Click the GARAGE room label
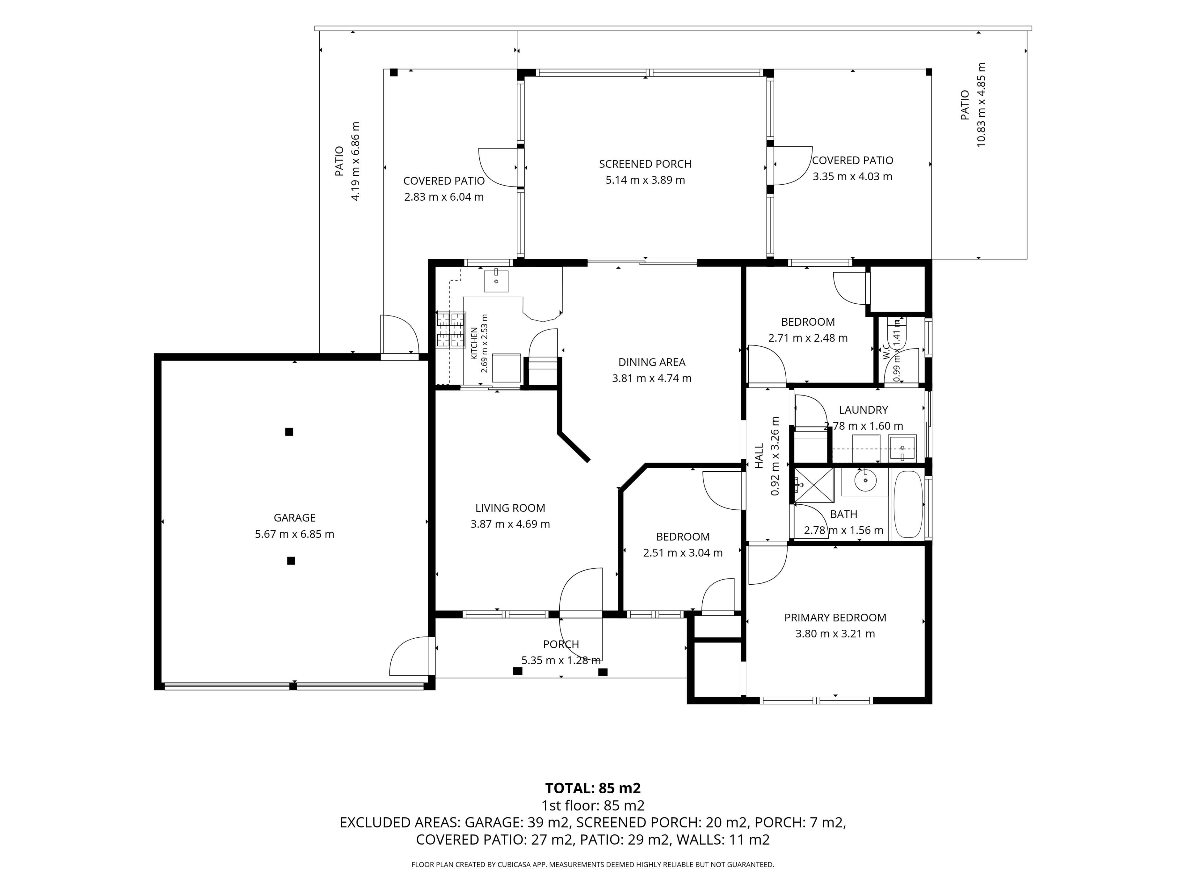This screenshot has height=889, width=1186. [x=294, y=518]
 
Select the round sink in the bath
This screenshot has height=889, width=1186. [x=865, y=481]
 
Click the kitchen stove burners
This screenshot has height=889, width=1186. [x=450, y=330]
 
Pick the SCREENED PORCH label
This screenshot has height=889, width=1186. [x=645, y=164]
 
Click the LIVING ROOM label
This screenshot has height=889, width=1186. [x=510, y=508]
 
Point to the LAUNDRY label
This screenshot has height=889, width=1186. [x=863, y=410]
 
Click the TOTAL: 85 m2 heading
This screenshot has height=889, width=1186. [x=592, y=788]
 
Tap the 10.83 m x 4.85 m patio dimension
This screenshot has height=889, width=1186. [x=981, y=105]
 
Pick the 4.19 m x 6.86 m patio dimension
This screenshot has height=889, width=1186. [x=355, y=161]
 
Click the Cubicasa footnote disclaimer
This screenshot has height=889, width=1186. [x=592, y=864]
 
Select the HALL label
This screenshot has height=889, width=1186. [x=759, y=456]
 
